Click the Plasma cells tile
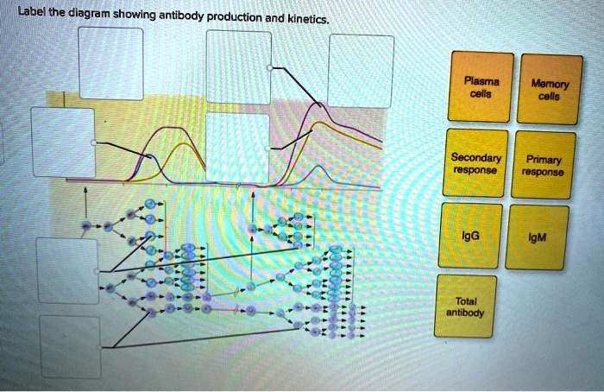[479, 87]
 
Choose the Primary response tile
[542, 166]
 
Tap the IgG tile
[470, 234]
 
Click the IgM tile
[538, 236]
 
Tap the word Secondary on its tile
[475, 159]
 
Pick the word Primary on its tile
[542, 160]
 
